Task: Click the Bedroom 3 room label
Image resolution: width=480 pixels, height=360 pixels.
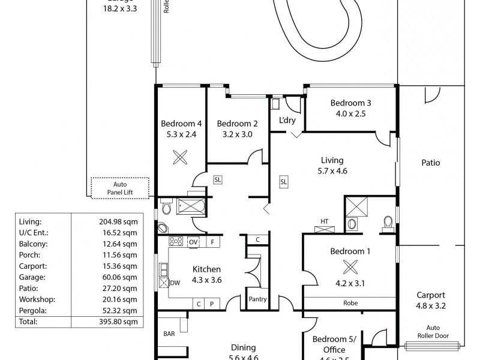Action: tap(351, 103)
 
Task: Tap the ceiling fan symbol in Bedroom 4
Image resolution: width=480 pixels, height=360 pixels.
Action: tap(180, 157)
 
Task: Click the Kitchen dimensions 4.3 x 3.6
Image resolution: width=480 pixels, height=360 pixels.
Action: tap(206, 280)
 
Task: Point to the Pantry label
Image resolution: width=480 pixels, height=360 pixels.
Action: tap(257, 299)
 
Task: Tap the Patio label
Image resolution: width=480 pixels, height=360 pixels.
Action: tap(430, 163)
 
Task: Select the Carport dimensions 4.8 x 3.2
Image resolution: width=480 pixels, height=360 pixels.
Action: tap(431, 305)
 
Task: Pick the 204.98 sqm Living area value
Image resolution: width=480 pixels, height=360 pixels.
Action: tap(118, 221)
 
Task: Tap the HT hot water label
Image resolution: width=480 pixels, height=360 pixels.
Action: tap(324, 221)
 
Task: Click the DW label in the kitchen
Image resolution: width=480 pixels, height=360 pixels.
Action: tap(175, 283)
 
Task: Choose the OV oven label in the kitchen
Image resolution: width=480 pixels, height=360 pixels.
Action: tap(193, 242)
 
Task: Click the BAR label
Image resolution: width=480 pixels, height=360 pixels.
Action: tap(169, 334)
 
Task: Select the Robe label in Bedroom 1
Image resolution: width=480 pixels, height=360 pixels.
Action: tap(351, 303)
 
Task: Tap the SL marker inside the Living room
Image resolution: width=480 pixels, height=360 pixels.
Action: tap(283, 181)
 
